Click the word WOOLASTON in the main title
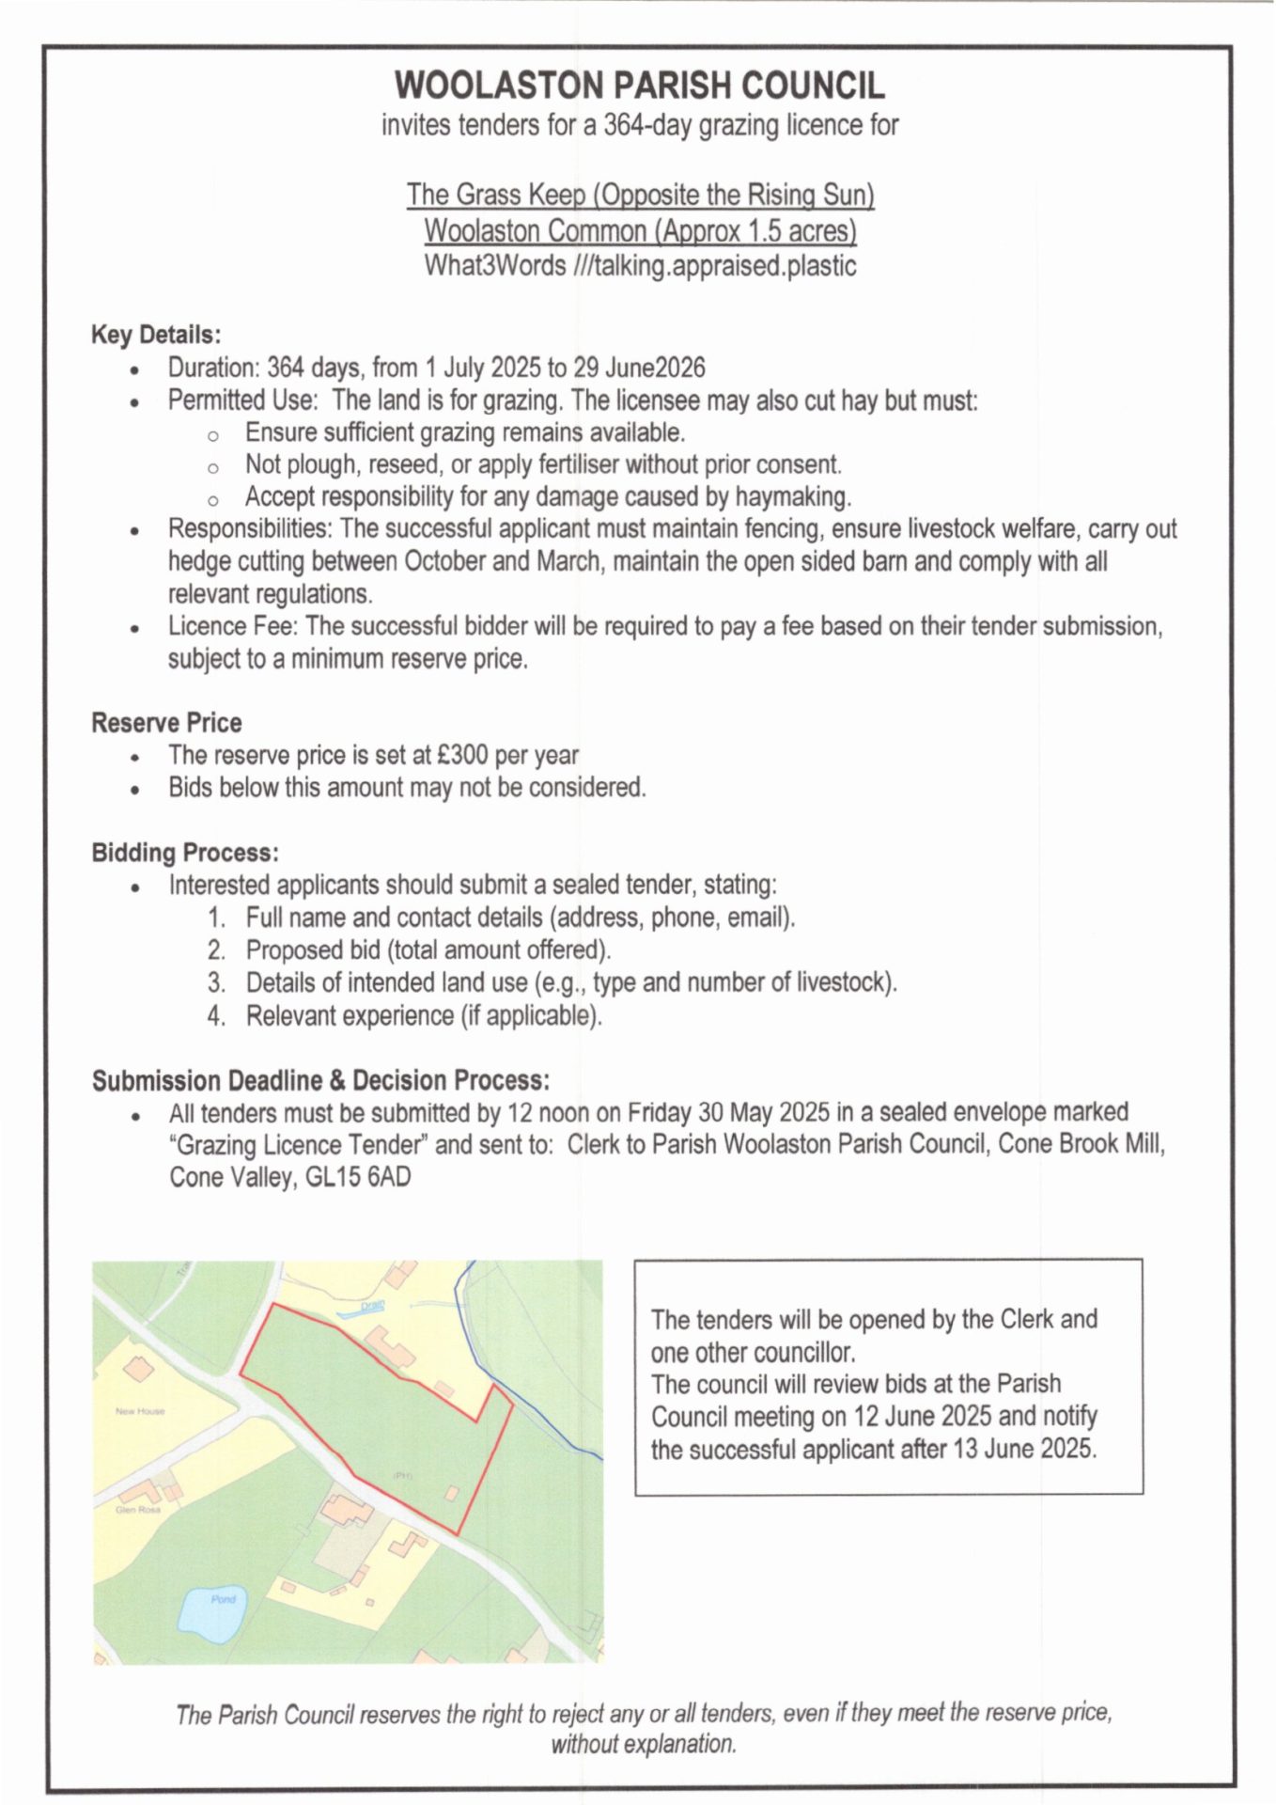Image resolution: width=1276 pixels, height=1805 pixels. coord(500,86)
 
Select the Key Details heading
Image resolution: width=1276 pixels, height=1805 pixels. coord(156,335)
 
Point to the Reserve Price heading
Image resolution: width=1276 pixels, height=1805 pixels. coord(166,723)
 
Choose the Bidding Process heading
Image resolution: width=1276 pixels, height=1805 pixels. coord(185,853)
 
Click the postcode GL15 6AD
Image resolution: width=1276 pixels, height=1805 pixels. coord(358,1178)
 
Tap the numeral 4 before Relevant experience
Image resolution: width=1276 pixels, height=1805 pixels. coord(216,1016)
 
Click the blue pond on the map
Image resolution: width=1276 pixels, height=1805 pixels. coord(212,1616)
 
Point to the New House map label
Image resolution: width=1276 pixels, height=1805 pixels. coord(140,1411)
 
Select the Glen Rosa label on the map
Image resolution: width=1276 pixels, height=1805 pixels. coord(138,1510)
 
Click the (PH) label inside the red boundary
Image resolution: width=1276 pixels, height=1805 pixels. coord(402,1476)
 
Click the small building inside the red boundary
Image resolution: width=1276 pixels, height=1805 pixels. coord(452,1492)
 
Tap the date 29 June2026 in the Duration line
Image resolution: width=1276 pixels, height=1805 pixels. coord(639,368)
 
